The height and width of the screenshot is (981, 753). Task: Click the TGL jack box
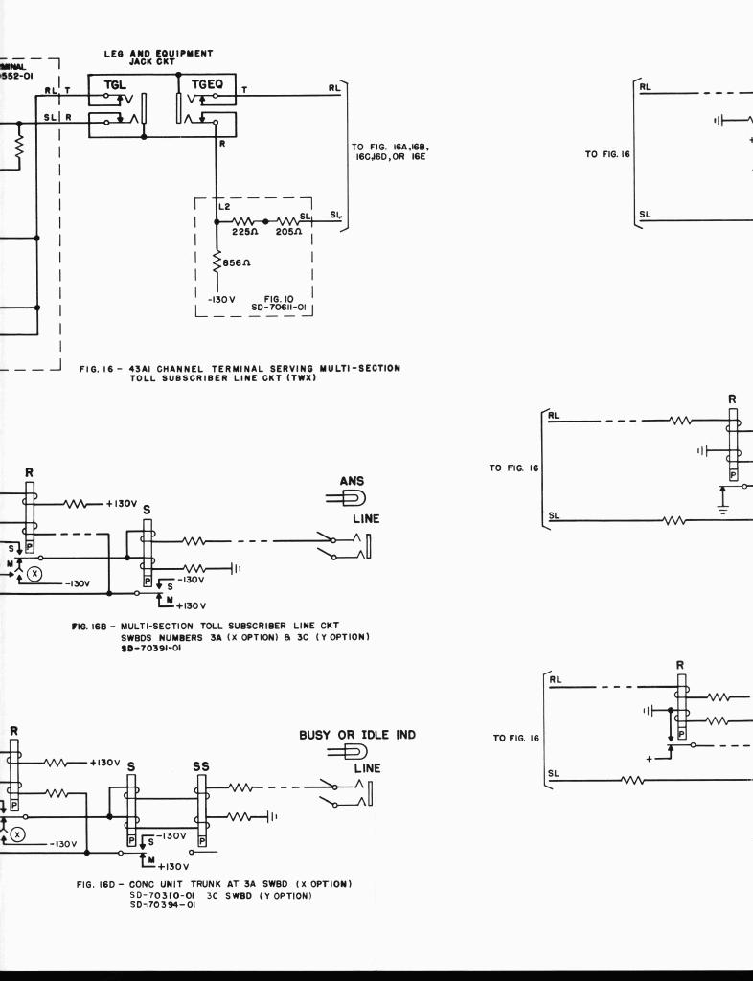point(115,88)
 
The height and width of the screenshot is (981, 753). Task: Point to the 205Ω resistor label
point(288,230)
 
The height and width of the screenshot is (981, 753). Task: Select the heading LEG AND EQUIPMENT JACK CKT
point(158,57)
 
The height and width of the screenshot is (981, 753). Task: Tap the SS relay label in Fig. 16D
point(202,766)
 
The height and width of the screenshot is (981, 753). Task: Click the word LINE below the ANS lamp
point(366,519)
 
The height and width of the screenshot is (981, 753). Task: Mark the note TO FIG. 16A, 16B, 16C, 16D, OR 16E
point(389,152)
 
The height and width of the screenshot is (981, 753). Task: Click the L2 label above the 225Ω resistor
point(226,208)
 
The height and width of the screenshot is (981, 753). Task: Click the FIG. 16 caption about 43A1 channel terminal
point(240,372)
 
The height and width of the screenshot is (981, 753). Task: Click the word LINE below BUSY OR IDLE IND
point(367,768)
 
